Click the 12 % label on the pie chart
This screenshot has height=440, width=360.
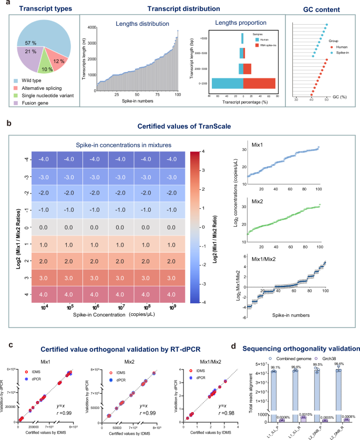pyautogui.click(x=59, y=62)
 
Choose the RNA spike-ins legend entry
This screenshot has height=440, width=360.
pyautogui.click(x=266, y=46)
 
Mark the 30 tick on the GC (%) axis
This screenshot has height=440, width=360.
pyautogui.click(x=296, y=99)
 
